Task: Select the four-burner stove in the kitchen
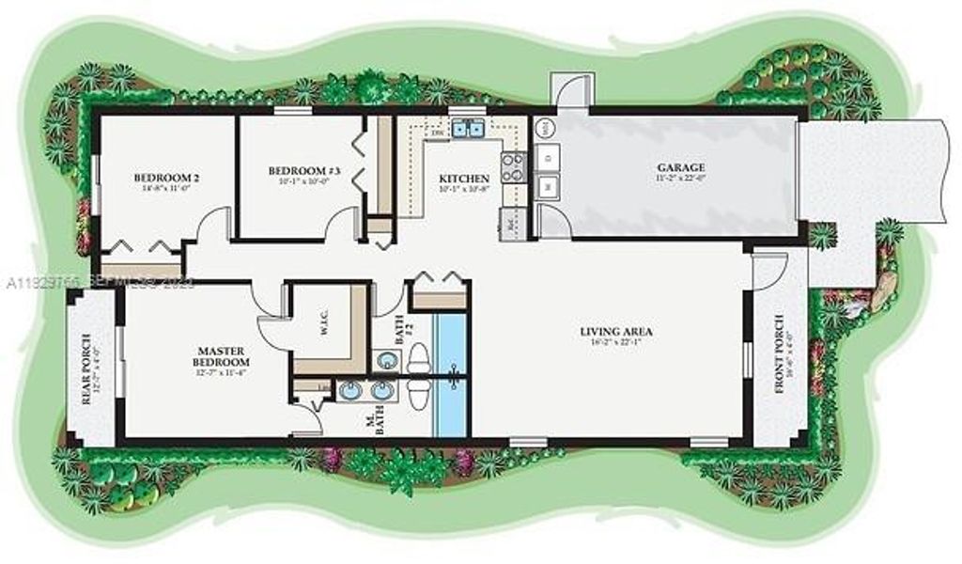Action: pyautogui.click(x=513, y=168)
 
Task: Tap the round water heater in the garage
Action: pyautogui.click(x=546, y=128)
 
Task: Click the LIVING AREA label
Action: pyautogui.click(x=616, y=332)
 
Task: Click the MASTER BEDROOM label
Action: pyautogui.click(x=221, y=354)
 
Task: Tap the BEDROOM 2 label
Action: pyautogui.click(x=166, y=178)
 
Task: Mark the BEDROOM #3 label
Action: pyautogui.click(x=300, y=171)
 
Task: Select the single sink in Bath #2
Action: pyautogui.click(x=384, y=359)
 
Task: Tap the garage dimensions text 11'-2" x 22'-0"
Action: pyautogui.click(x=680, y=179)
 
